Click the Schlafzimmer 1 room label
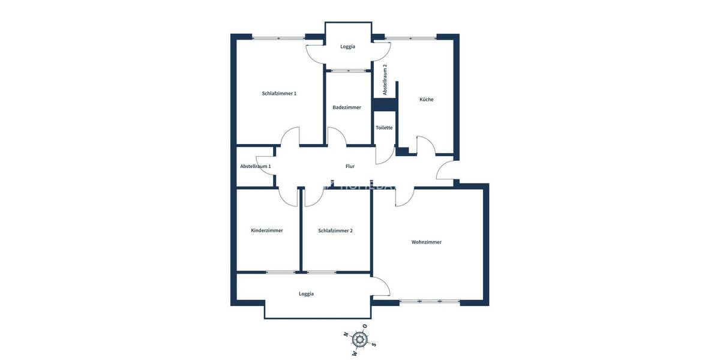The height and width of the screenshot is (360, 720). point(279,94)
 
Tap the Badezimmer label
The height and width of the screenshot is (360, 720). point(347,107)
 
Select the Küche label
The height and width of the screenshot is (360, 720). point(427,100)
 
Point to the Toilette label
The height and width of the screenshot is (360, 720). point(384,128)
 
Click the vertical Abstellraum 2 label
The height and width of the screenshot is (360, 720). point(385,80)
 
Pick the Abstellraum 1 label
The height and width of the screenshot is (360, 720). point(256,166)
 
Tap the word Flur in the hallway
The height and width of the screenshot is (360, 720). point(350,166)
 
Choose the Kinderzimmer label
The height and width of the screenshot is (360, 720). point(267,230)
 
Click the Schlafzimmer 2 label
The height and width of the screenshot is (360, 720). point(335,230)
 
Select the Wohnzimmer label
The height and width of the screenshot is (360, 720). point(427,242)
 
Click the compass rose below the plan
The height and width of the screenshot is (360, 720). point(360,340)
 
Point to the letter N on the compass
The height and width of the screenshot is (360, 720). point(346,335)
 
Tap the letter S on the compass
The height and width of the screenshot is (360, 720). point(374,344)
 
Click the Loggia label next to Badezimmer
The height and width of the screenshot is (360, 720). point(347,46)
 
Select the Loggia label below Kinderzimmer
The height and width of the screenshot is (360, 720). point(306,294)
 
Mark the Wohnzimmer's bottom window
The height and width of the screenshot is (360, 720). point(430,301)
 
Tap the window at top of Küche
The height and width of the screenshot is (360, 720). point(410,38)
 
